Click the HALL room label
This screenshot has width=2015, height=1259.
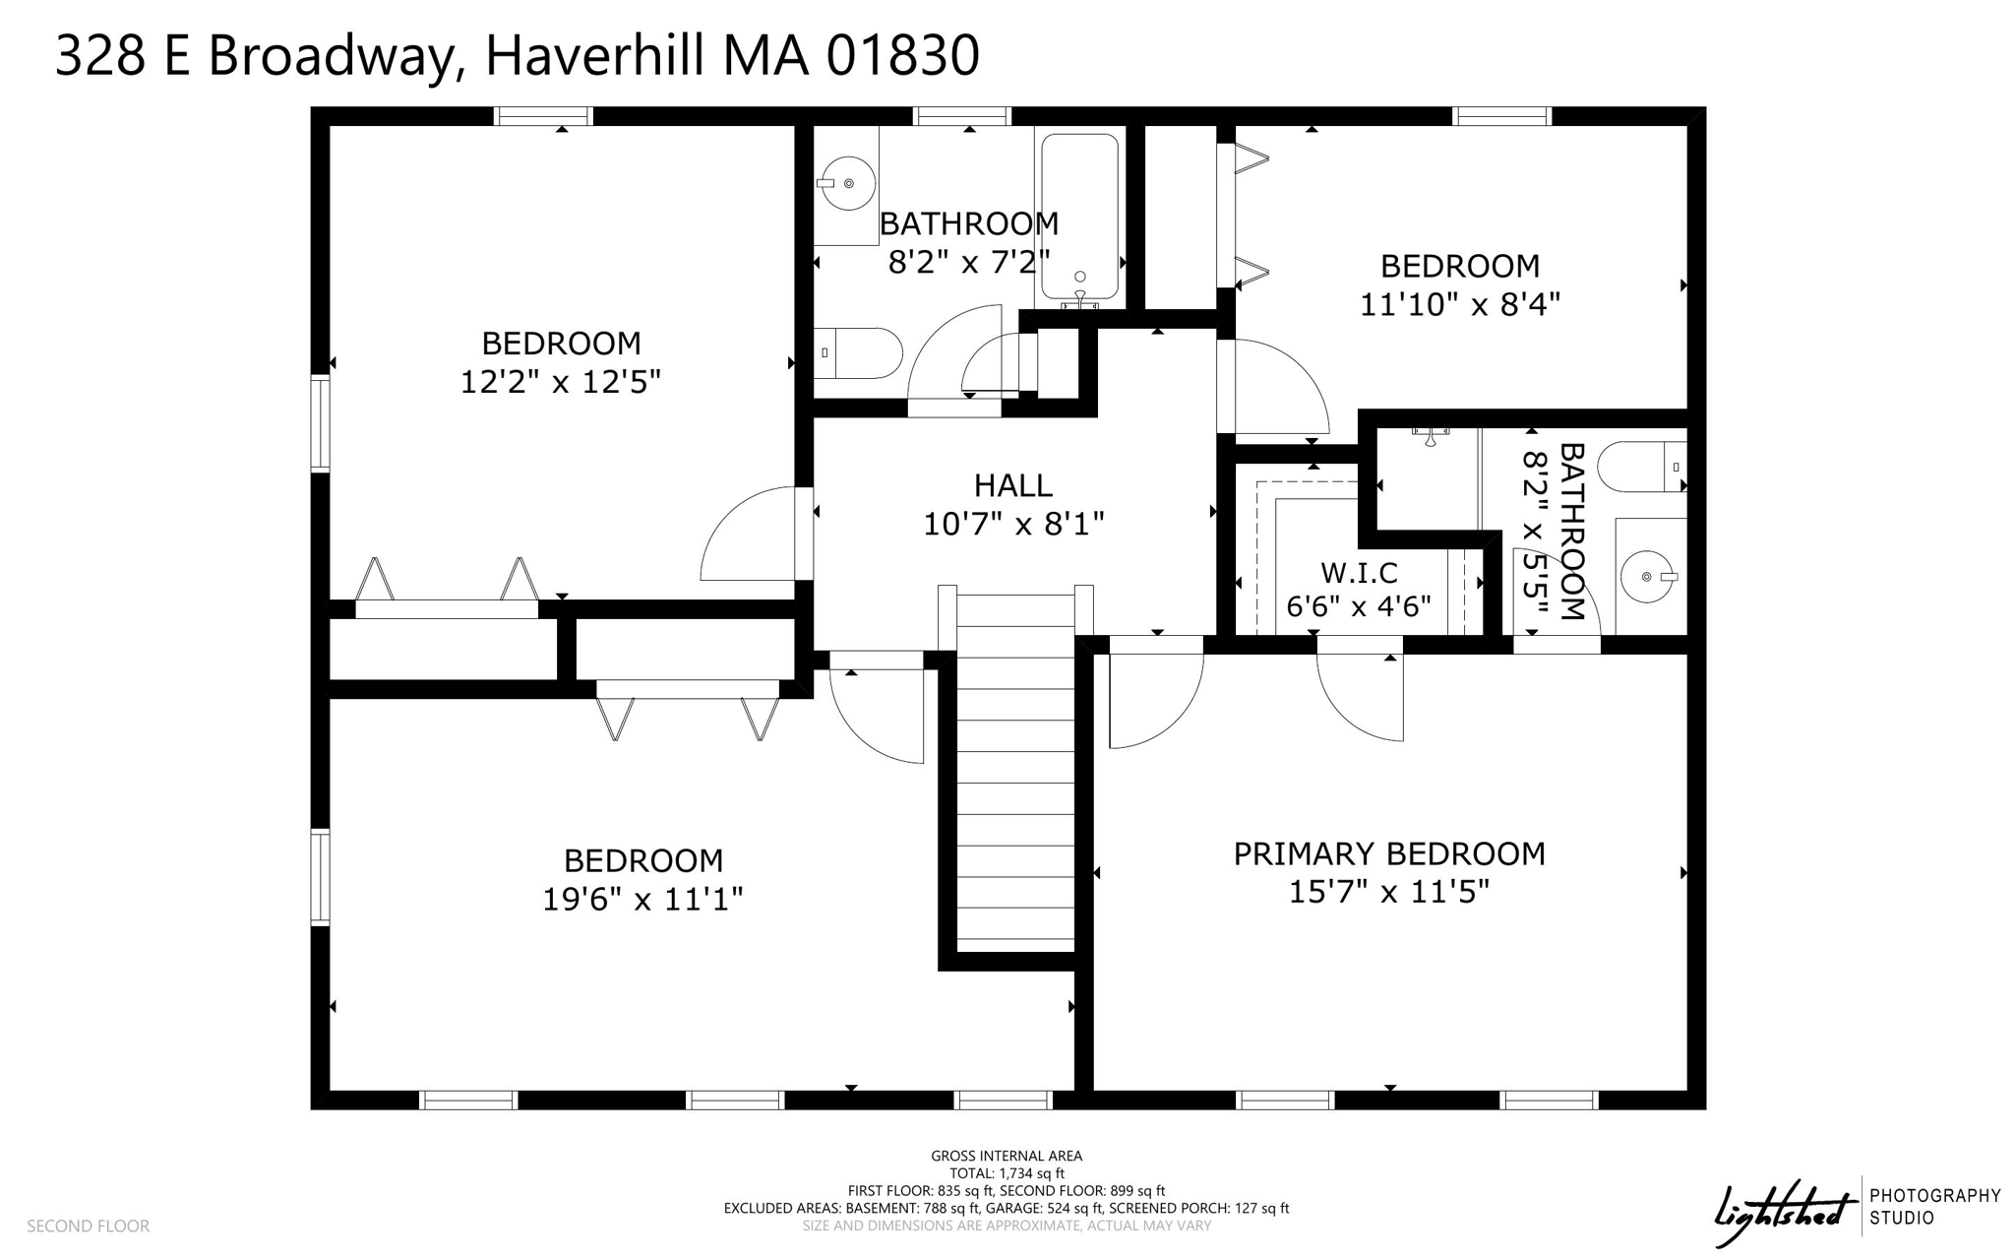(1012, 485)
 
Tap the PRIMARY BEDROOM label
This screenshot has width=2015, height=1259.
(1388, 853)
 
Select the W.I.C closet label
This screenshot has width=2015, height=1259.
(1358, 573)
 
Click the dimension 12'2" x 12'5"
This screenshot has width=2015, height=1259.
(560, 382)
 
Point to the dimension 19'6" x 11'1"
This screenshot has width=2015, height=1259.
(641, 899)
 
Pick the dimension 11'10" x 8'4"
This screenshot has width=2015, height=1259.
(1459, 304)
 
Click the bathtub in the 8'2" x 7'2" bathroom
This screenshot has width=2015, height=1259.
(1079, 217)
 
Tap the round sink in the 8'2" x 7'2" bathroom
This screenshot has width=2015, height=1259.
(848, 184)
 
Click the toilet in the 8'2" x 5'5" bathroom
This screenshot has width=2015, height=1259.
(1641, 467)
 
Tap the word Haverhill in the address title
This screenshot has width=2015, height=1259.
(594, 55)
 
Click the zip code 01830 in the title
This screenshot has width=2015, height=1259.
(902, 55)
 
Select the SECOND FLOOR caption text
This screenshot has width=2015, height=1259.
(88, 1226)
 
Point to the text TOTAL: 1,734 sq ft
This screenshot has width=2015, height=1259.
(1006, 1173)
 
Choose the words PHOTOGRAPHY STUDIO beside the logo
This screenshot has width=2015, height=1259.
(1934, 1206)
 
